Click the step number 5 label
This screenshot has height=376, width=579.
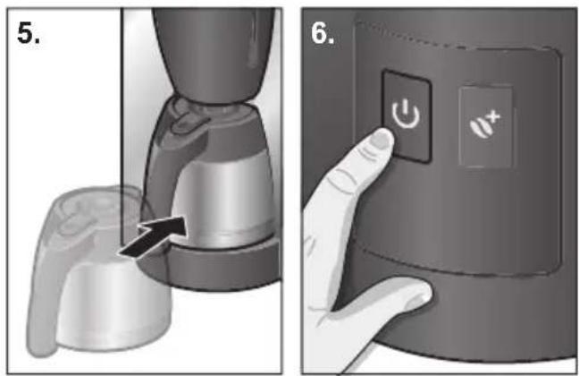(x=28, y=32)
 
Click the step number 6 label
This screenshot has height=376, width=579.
(x=323, y=33)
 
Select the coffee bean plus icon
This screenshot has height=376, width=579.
(x=485, y=125)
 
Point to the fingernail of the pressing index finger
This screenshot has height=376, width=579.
(x=382, y=140)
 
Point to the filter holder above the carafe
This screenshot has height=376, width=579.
(x=214, y=52)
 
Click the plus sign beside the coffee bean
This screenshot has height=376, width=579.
(x=495, y=117)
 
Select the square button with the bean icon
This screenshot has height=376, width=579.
(x=486, y=126)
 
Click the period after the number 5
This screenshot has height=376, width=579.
(x=37, y=41)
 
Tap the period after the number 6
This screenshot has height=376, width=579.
(x=331, y=41)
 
